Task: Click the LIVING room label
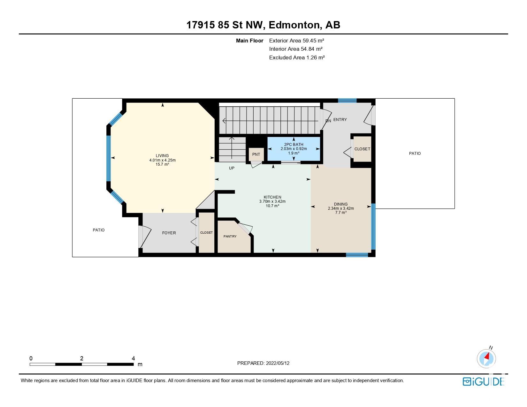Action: point(162,156)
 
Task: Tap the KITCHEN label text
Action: point(272,197)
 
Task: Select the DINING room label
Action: point(341,204)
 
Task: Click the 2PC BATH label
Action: point(294,145)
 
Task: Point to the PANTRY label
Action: point(230,236)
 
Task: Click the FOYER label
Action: point(169,233)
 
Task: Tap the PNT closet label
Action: point(256,155)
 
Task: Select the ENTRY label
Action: point(340,119)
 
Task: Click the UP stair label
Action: point(232,168)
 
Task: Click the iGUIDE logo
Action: point(483,381)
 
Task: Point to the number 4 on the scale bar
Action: point(133,358)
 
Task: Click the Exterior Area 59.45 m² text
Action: point(297,41)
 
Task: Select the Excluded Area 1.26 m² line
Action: point(297,58)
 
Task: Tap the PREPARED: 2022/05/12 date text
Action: point(263,363)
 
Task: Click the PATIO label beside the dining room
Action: point(415,154)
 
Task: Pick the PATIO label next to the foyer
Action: point(99,230)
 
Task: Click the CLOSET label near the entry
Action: point(362,149)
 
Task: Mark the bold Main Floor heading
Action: point(249,41)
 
